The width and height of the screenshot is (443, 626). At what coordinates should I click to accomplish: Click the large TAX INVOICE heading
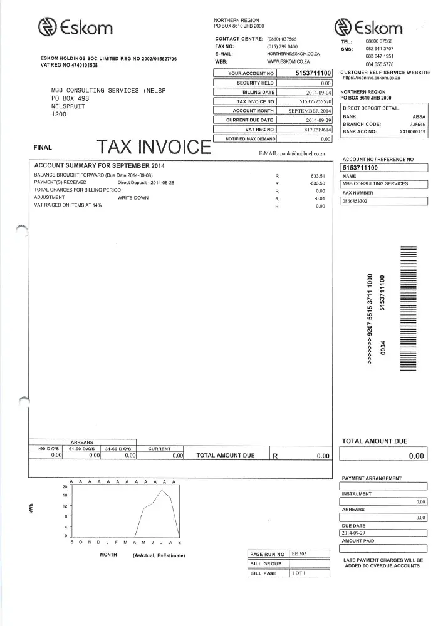tap(154, 147)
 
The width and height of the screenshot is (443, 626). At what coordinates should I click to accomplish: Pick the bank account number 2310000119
tap(412, 131)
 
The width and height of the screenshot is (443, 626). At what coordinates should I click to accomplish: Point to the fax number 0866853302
tap(355, 201)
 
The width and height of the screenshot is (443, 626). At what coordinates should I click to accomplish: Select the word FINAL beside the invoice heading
tap(43, 148)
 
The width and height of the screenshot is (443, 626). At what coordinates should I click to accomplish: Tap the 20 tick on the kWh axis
tap(65, 486)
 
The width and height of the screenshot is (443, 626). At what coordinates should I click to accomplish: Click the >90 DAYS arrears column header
tap(46, 449)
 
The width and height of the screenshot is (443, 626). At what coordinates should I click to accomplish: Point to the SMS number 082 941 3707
tap(380, 48)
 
